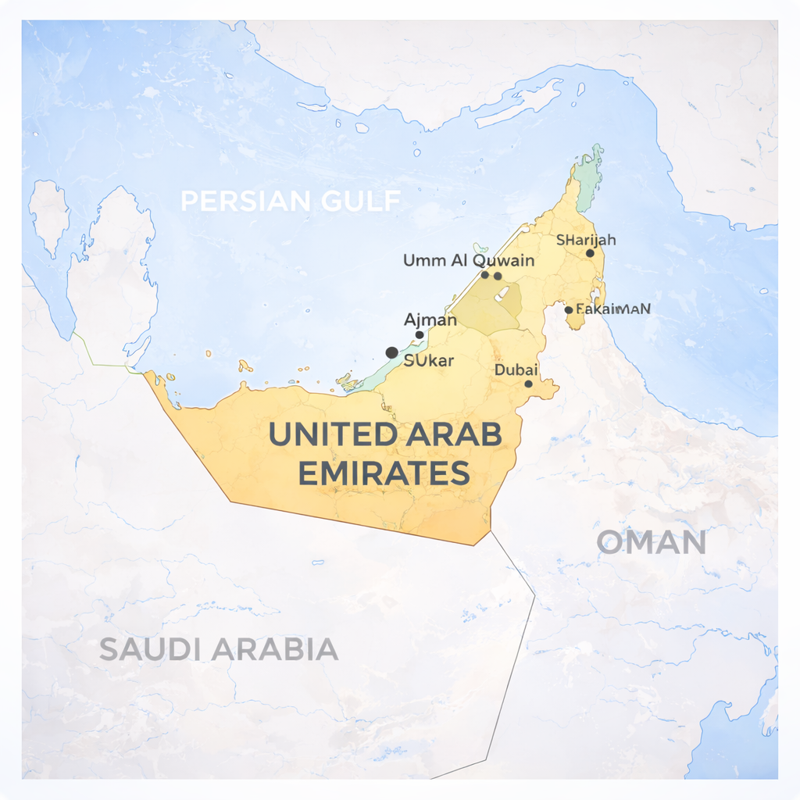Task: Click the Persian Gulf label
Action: pyautogui.click(x=291, y=201)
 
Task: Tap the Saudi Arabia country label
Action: pyautogui.click(x=219, y=649)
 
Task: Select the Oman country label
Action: pyautogui.click(x=652, y=542)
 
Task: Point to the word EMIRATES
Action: pyautogui.click(x=385, y=473)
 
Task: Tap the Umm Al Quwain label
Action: pyautogui.click(x=469, y=260)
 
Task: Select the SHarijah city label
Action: pyautogui.click(x=586, y=240)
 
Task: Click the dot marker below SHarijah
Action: pyautogui.click(x=590, y=253)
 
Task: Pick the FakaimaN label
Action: pyautogui.click(x=612, y=309)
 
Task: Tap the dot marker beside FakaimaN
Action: pyautogui.click(x=568, y=310)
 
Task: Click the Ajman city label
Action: pyautogui.click(x=430, y=320)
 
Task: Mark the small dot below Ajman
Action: pyautogui.click(x=420, y=334)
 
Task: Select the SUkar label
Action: pyautogui.click(x=429, y=360)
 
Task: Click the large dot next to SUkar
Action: pyautogui.click(x=391, y=352)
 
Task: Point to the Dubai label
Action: pyautogui.click(x=516, y=370)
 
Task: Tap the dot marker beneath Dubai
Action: pyautogui.click(x=528, y=384)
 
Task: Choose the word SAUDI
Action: pyautogui.click(x=151, y=649)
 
